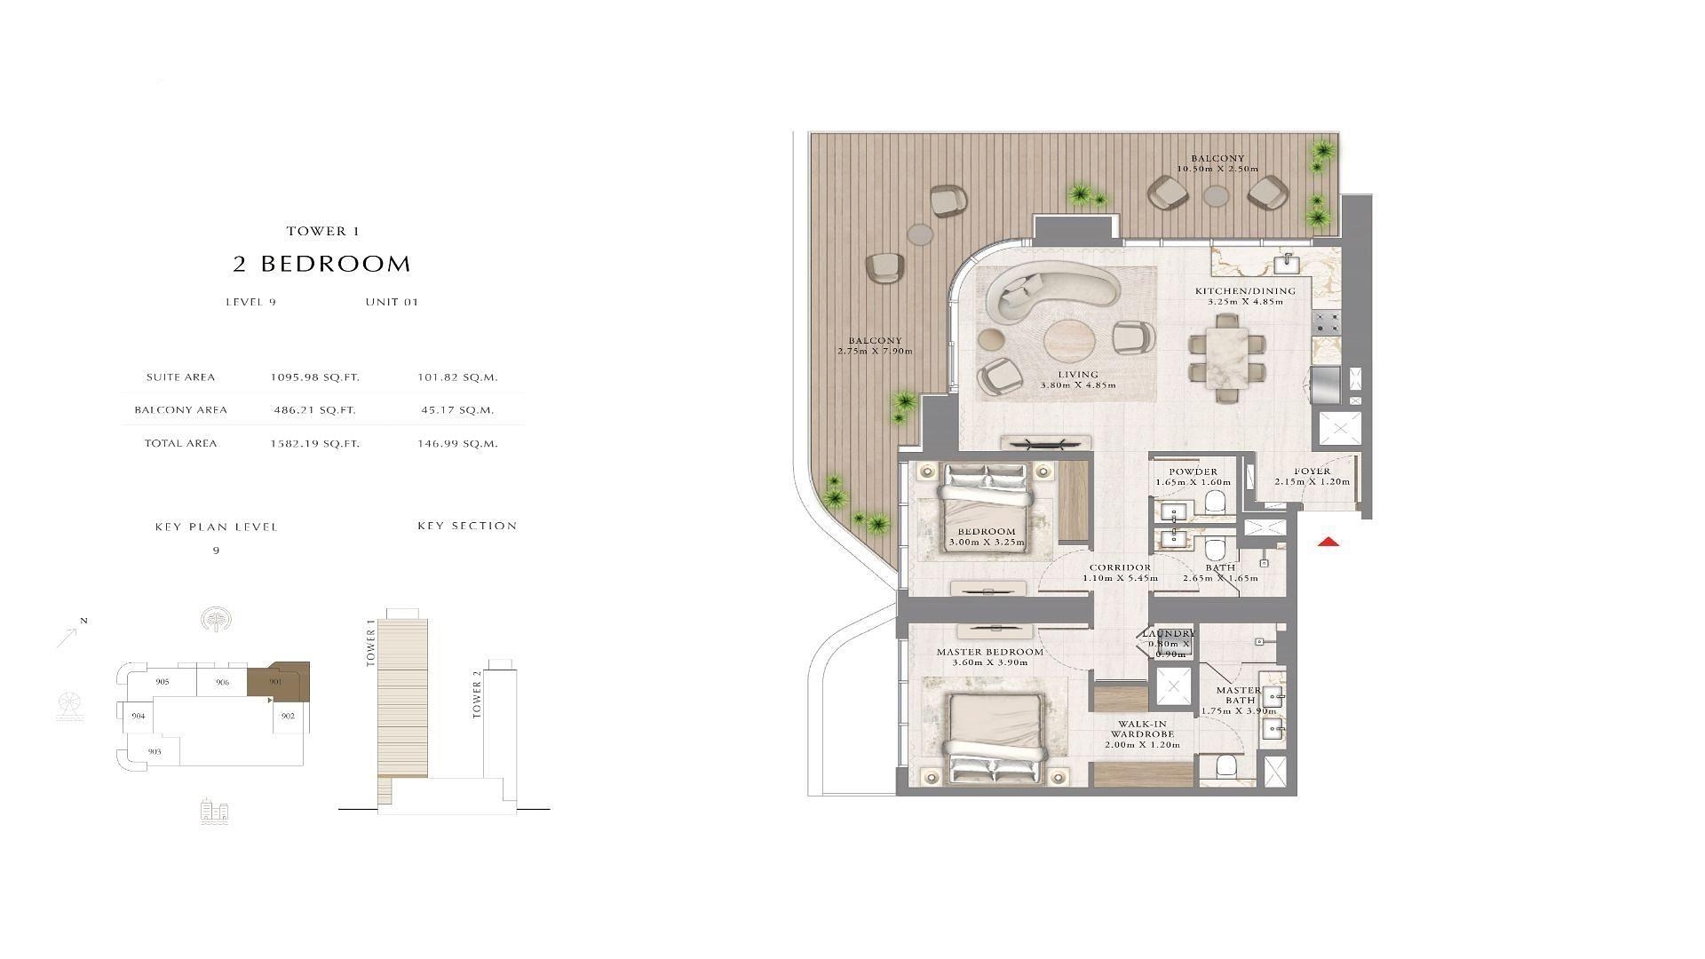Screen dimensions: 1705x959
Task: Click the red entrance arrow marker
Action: [1328, 542]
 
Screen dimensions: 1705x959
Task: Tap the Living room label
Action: [1078, 375]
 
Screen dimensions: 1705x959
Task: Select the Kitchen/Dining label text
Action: [1245, 291]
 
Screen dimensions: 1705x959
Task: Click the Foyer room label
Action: [1312, 472]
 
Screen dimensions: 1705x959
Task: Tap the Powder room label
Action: [1193, 472]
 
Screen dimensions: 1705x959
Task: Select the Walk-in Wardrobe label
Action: [1142, 729]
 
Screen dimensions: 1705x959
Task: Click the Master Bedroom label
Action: [990, 652]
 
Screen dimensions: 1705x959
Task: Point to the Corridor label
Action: [1120, 567]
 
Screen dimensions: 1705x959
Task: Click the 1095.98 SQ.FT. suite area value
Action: [315, 377]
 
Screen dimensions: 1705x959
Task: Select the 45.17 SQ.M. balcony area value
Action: [456, 410]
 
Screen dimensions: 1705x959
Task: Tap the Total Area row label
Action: [181, 443]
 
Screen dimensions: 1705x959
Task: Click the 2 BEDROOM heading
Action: [322, 264]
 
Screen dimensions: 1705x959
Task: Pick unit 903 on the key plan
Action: [155, 751]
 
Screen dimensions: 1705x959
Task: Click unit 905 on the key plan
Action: [163, 682]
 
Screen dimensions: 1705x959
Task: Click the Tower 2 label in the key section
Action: [477, 694]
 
